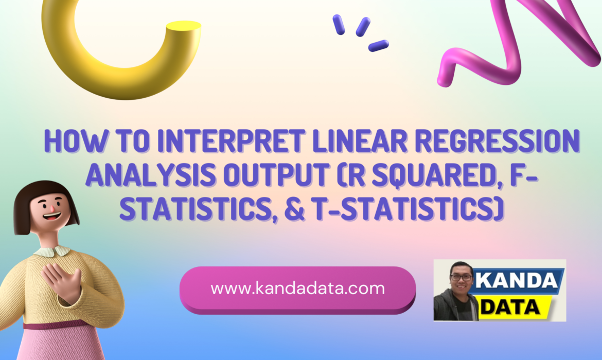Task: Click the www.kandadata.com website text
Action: point(297,289)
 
